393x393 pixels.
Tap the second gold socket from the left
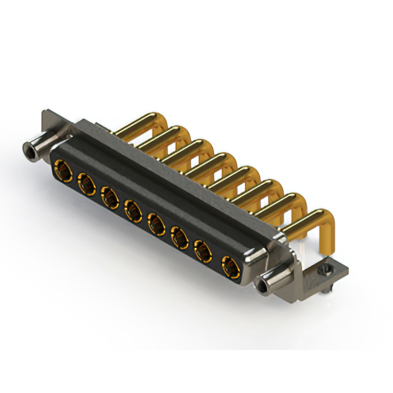85,182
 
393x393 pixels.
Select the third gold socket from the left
109,197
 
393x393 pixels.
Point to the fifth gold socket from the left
155,224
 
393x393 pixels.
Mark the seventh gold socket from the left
203,252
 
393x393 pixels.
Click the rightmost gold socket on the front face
229,267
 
